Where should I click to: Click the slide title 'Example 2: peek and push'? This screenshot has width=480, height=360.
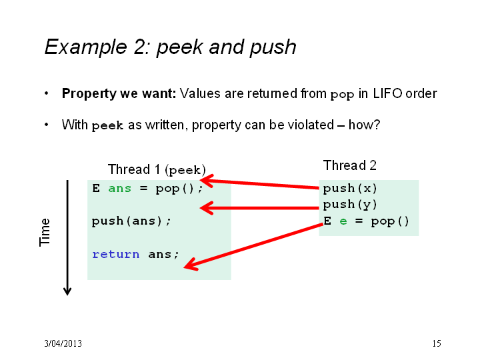[171, 47]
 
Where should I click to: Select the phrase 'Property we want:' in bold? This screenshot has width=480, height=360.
[119, 94]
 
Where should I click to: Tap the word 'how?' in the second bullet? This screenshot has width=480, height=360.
[364, 125]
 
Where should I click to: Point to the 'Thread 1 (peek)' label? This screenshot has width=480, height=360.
[157, 169]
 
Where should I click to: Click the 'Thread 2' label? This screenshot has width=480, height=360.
[349, 165]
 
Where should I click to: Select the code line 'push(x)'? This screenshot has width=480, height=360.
[350, 188]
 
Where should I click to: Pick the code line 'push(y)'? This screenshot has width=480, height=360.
[350, 205]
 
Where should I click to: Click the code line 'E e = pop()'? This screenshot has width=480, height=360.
[366, 221]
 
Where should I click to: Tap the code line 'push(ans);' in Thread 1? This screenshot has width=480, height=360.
[131, 221]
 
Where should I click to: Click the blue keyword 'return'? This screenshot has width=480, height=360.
[116, 255]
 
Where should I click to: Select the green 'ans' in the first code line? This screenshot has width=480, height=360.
[120, 189]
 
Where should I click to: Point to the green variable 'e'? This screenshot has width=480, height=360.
[343, 221]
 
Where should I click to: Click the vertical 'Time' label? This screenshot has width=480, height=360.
[45, 232]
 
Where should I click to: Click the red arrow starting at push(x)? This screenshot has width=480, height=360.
[259, 184]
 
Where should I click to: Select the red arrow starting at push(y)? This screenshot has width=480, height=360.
[259, 208]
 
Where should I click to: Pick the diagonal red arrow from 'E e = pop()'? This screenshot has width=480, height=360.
[253, 247]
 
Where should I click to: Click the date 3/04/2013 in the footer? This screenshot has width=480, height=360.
[63, 343]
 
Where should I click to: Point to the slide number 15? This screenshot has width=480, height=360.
[437, 343]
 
